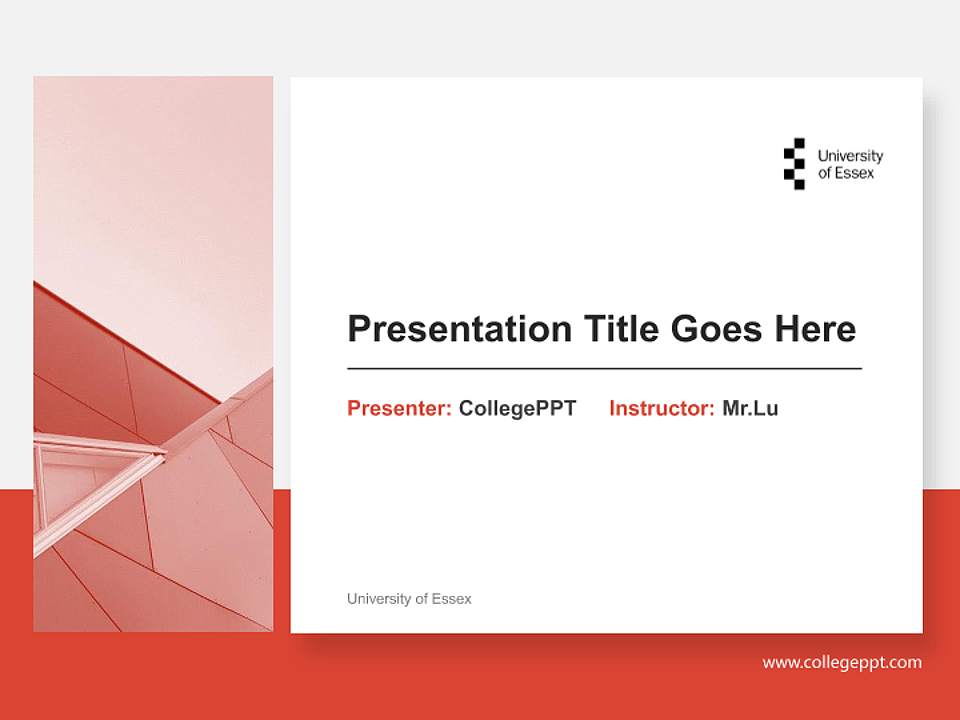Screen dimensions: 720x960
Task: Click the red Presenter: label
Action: pyautogui.click(x=399, y=408)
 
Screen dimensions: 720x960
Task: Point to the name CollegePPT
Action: pyautogui.click(x=517, y=408)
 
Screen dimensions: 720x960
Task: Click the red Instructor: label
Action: pyautogui.click(x=661, y=408)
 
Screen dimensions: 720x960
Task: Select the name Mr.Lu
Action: pyautogui.click(x=750, y=408)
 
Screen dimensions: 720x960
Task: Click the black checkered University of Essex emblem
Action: pyautogui.click(x=794, y=164)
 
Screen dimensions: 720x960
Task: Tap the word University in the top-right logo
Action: pyautogui.click(x=850, y=156)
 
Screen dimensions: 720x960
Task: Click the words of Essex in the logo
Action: pyautogui.click(x=846, y=173)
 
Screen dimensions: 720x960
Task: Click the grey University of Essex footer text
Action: pyautogui.click(x=409, y=599)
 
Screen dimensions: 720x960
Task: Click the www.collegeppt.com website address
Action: pyautogui.click(x=842, y=662)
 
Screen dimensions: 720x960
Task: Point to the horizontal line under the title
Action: pyautogui.click(x=604, y=369)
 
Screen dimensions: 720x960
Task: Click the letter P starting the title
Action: pyautogui.click(x=358, y=329)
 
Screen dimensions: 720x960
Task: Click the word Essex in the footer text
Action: pyautogui.click(x=452, y=599)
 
